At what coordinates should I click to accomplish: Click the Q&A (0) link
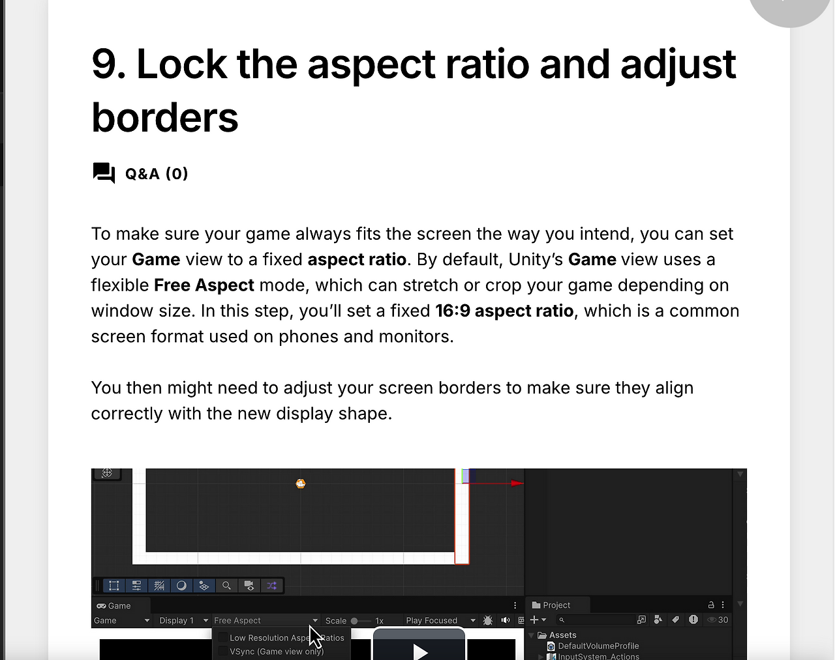point(157,173)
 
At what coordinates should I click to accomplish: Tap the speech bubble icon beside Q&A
point(104,173)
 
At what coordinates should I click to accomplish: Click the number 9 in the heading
point(104,65)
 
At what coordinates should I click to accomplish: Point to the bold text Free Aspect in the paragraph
point(204,285)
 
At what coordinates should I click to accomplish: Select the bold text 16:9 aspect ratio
point(504,311)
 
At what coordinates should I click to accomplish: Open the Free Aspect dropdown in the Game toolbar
point(266,620)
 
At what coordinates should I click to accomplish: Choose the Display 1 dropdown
point(183,620)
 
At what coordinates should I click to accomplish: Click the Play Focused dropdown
point(440,620)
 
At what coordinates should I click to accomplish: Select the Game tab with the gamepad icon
point(114,606)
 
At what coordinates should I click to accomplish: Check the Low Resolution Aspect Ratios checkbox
point(223,637)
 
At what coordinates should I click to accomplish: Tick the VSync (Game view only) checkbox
point(223,651)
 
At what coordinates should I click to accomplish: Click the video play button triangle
point(420,652)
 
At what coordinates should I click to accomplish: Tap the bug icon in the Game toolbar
point(488,620)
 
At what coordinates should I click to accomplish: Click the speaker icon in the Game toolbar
point(505,620)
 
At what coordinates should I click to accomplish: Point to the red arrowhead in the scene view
point(517,483)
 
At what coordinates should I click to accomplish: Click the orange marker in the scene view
point(301,483)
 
